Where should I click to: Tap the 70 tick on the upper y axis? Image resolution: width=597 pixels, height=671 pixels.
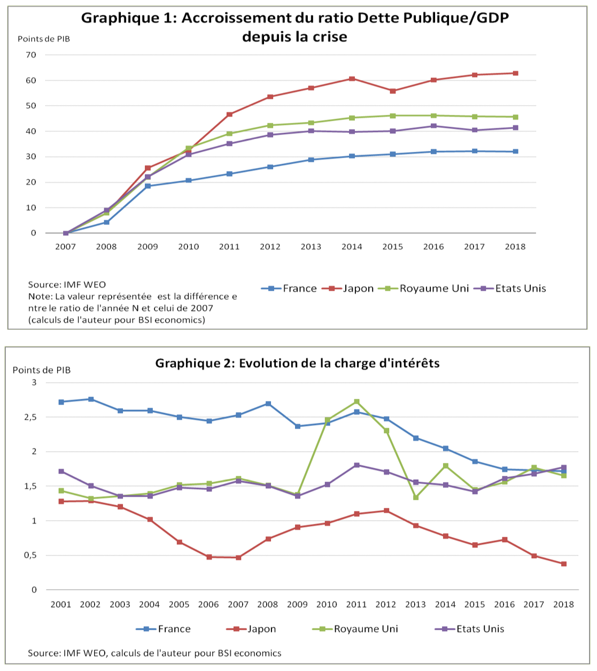(30, 55)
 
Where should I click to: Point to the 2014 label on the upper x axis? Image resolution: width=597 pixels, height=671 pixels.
(352, 246)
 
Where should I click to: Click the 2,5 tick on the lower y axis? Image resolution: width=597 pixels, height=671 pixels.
(30, 417)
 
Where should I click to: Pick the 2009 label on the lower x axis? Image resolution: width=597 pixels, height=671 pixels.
(297, 604)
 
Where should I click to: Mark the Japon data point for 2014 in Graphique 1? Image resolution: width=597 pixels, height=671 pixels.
(352, 79)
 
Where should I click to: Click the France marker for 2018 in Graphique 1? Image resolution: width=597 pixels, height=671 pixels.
(515, 151)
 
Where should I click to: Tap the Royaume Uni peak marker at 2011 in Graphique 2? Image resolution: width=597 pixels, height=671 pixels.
(356, 402)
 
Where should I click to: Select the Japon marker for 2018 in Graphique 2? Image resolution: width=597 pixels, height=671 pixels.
(563, 564)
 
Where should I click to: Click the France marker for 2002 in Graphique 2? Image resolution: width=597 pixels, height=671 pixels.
(91, 399)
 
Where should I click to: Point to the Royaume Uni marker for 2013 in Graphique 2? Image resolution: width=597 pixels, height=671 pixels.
(415, 497)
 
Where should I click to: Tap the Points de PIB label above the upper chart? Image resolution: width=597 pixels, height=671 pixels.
(44, 39)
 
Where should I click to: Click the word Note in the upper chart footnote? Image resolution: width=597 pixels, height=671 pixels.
(38, 296)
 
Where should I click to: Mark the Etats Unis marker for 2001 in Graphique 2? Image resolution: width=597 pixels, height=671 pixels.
(61, 471)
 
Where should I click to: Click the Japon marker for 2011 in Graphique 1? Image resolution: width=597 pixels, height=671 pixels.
(229, 114)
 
